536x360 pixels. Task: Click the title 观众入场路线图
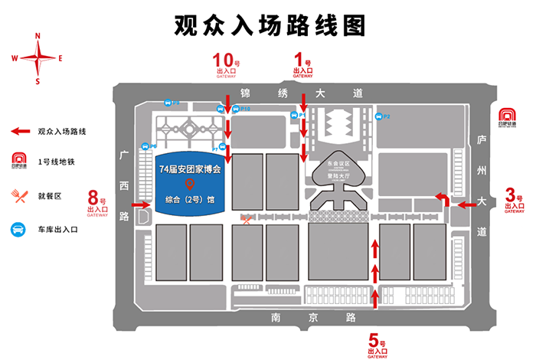pos(267,25)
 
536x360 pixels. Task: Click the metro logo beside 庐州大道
pos(506,115)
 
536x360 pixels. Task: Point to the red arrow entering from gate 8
pos(140,205)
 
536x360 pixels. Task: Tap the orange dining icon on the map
pos(246,221)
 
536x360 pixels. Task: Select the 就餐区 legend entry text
pos(49,195)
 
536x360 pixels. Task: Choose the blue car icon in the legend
pos(17,228)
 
